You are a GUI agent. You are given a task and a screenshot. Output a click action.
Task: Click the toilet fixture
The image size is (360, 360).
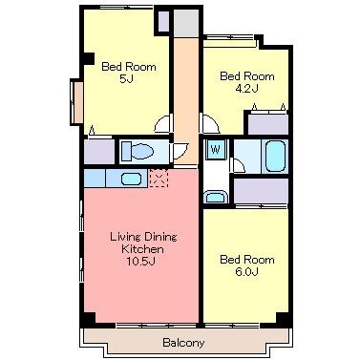(138, 151)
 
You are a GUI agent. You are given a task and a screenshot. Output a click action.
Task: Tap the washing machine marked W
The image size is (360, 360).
(216, 149)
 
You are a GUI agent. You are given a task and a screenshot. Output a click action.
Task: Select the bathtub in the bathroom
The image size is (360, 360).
(275, 156)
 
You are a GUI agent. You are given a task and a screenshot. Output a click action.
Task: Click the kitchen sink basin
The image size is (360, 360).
(131, 179)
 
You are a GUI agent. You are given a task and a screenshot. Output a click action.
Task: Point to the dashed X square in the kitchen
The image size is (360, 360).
(159, 178)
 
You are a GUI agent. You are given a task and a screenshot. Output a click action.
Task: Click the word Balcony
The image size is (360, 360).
(183, 343)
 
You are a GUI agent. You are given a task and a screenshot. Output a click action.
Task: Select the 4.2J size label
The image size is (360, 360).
(246, 88)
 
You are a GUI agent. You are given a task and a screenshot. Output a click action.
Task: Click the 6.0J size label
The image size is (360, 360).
(246, 271)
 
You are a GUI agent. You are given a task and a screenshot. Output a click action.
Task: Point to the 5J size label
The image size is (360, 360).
(126, 78)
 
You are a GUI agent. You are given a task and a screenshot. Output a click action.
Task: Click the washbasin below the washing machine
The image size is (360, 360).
(215, 197)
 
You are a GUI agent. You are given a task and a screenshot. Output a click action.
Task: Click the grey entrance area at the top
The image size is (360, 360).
(186, 23)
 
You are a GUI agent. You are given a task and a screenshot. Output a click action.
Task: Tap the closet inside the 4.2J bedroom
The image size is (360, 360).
(268, 124)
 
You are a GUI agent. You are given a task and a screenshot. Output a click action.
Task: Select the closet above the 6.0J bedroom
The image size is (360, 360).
(261, 191)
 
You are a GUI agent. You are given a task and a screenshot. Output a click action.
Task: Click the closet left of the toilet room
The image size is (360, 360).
(99, 152)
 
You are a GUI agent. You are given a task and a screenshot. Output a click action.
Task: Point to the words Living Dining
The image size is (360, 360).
(143, 237)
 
